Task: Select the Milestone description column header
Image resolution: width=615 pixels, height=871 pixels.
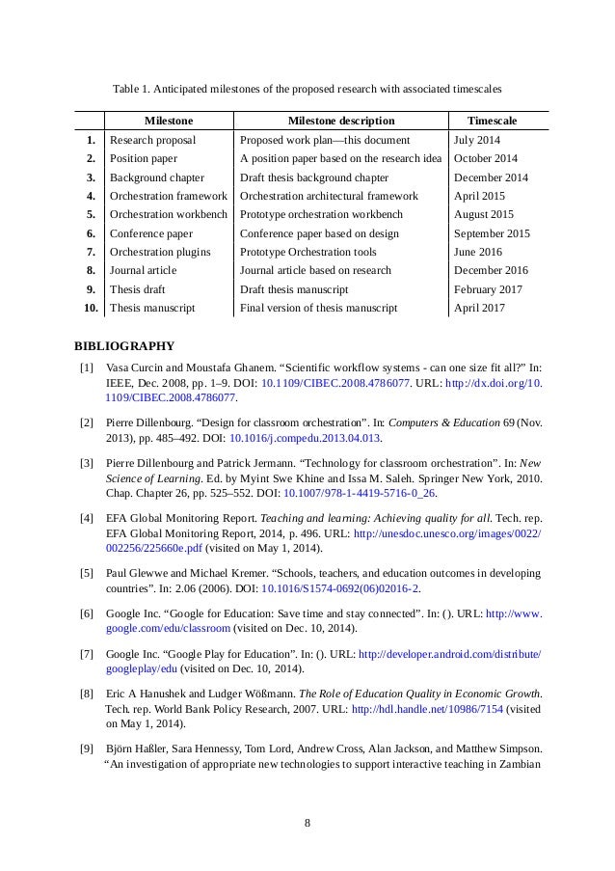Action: pos(341,122)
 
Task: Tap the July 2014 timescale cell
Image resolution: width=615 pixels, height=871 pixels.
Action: pos(478,140)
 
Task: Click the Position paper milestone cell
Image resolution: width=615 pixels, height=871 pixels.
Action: pos(144,158)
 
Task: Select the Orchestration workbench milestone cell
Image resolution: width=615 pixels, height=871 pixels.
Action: pos(166,214)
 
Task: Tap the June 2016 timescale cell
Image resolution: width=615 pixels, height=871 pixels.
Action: pos(479,252)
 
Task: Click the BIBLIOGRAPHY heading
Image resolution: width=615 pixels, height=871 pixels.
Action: pos(123,344)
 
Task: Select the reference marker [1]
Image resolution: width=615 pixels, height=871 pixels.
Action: pos(87,368)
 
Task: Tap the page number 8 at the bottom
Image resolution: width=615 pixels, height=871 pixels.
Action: pos(307,822)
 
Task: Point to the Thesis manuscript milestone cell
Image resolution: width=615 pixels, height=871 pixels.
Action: pos(152,308)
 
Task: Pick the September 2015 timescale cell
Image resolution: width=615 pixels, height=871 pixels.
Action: pos(491,232)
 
